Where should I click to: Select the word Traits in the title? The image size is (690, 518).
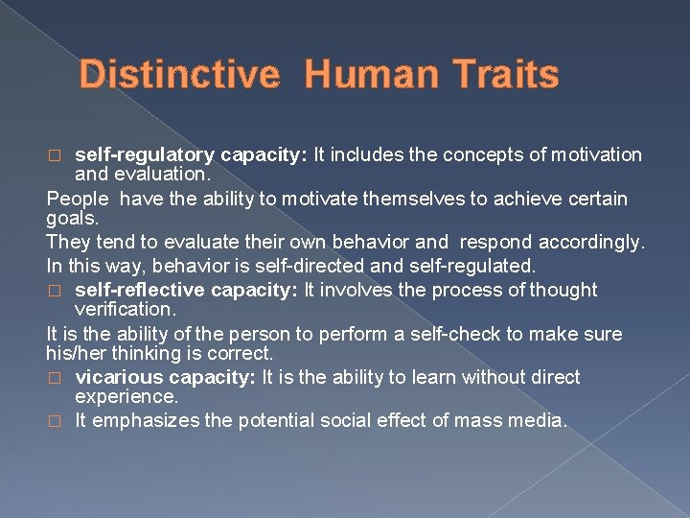[504, 75]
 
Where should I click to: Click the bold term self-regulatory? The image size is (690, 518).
[145, 154]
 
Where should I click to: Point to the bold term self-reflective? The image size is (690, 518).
[139, 290]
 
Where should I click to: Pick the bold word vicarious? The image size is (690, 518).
[115, 377]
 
